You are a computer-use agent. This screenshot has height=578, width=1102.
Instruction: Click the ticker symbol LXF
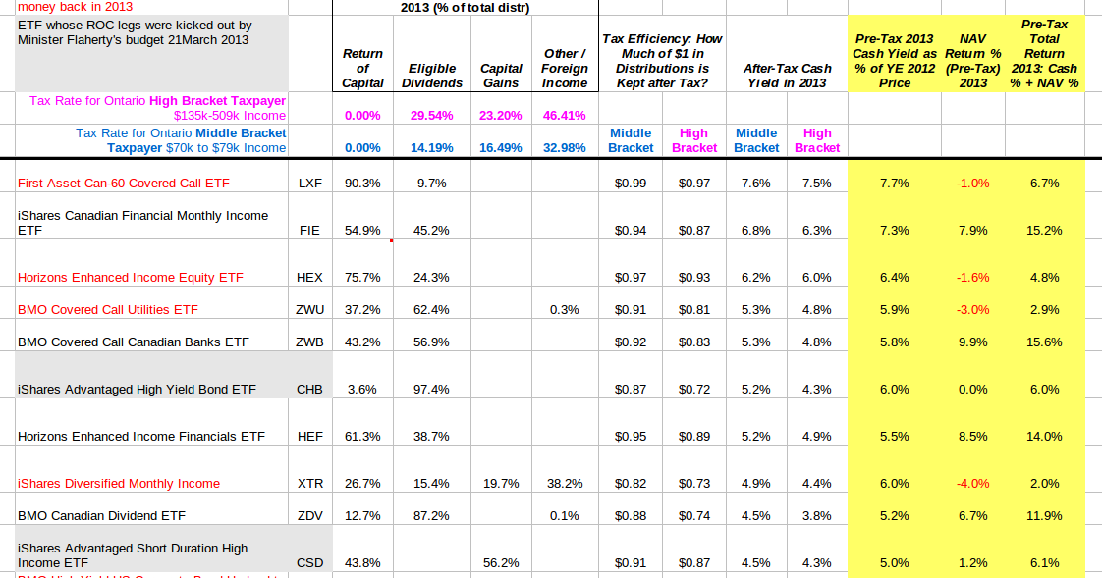pyautogui.click(x=309, y=184)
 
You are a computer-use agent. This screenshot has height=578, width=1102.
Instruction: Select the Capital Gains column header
pyautogui.click(x=501, y=76)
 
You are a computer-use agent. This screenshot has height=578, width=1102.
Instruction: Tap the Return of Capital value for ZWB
pyautogui.click(x=362, y=342)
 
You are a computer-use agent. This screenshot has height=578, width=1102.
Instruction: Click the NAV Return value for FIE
pyautogui.click(x=972, y=231)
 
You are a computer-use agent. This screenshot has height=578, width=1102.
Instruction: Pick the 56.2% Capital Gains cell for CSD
pyautogui.click(x=501, y=563)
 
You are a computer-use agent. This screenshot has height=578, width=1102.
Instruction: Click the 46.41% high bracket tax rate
pyautogui.click(x=565, y=115)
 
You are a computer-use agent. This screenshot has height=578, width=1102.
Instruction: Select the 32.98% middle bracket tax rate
pyautogui.click(x=565, y=148)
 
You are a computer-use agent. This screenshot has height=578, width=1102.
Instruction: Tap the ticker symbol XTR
pyautogui.click(x=309, y=484)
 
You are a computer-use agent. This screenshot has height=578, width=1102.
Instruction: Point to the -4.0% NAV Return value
pyautogui.click(x=972, y=484)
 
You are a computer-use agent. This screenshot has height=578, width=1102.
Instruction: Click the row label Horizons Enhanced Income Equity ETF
pyautogui.click(x=131, y=278)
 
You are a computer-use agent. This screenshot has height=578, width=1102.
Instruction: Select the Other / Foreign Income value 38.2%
pyautogui.click(x=565, y=484)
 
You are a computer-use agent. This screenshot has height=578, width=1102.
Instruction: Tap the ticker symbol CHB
pyautogui.click(x=309, y=390)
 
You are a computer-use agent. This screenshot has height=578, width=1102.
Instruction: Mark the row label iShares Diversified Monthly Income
pyautogui.click(x=119, y=484)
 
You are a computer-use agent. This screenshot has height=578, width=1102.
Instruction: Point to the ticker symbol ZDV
pyautogui.click(x=309, y=515)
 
